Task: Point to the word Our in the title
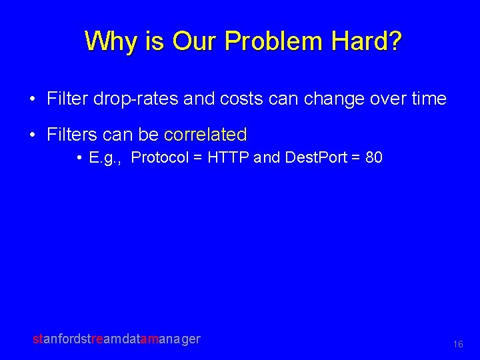(195, 41)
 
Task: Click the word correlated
(205, 135)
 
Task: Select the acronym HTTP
(229, 158)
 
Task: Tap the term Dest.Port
(313, 158)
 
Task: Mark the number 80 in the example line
(373, 158)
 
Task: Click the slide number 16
(457, 345)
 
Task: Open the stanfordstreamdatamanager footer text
(117, 339)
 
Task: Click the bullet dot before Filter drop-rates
(33, 100)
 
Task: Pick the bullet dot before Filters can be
(33, 135)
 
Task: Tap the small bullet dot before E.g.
(79, 159)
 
